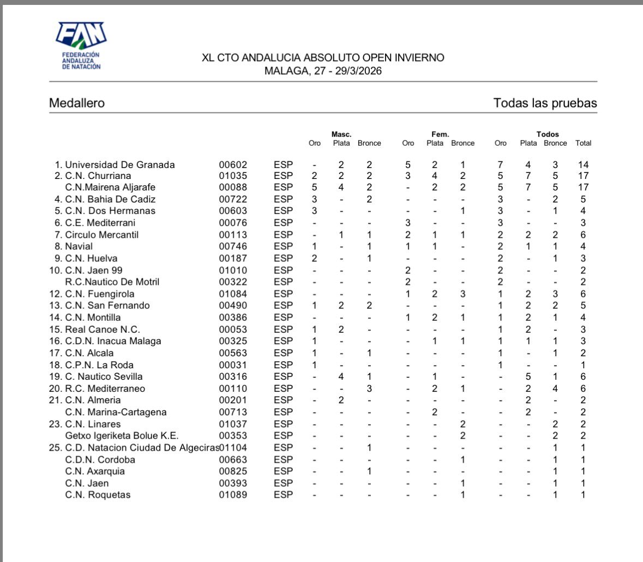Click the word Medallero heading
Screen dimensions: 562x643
point(77,103)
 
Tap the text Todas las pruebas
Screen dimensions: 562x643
point(545,103)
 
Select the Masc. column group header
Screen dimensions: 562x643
point(341,134)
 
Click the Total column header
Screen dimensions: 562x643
point(583,144)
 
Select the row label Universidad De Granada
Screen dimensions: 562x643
point(120,165)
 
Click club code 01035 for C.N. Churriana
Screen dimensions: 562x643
point(233,176)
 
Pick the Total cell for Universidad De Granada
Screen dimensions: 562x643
point(583,165)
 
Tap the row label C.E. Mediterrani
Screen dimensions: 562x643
point(100,223)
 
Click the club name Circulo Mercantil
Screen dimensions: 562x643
point(102,235)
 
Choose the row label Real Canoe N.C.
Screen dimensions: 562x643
point(103,330)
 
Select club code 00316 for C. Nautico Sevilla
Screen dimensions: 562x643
point(233,376)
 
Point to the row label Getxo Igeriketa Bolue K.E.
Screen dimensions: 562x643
point(122,436)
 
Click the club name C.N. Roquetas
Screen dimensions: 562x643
point(98,495)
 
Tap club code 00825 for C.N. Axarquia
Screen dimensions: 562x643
point(233,471)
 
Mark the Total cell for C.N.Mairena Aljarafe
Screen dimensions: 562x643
point(583,187)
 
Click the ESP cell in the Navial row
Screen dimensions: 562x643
point(283,247)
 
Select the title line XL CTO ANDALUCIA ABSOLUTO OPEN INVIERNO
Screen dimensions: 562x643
point(323,58)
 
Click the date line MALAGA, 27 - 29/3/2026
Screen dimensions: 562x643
point(323,71)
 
